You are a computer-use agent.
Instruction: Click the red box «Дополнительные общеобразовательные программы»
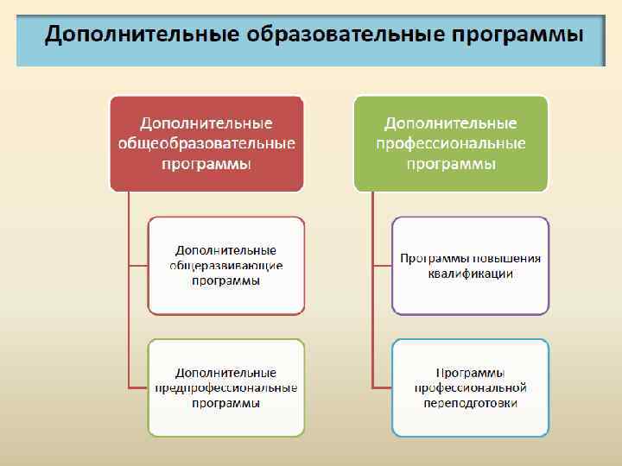pos(206,143)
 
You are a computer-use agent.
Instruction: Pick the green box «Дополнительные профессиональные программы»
pos(451,143)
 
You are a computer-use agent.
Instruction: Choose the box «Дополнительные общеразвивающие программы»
pos(226,265)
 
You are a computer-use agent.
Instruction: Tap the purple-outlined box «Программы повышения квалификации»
pos(470,265)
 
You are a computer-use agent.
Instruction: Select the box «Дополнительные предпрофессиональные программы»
pos(226,387)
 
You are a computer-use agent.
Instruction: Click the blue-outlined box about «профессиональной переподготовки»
pos(470,387)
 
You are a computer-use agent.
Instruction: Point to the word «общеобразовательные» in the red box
pos(206,143)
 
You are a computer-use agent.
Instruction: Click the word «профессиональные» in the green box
pos(451,143)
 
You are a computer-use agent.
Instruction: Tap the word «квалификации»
pos(470,274)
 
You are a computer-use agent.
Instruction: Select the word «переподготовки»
pos(470,403)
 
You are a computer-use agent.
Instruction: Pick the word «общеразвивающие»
pos(226,266)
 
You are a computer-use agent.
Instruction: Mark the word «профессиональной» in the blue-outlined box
pos(470,388)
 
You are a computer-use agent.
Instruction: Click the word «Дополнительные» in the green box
pos(451,123)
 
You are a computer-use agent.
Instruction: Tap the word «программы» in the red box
pos(206,163)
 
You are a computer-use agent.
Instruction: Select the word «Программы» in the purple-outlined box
pos(435,258)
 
